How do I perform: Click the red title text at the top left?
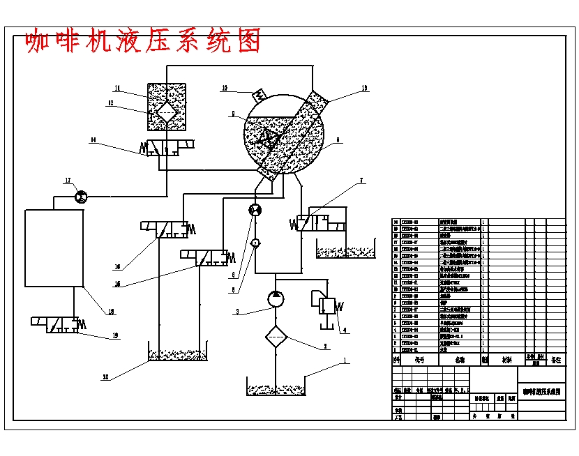(x=143, y=42)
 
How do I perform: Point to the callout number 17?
(x=68, y=181)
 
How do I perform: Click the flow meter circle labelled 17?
(x=80, y=197)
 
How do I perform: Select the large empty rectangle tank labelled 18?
(x=54, y=247)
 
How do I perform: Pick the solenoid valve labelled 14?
(x=170, y=148)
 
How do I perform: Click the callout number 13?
(x=363, y=89)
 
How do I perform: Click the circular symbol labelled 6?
(x=255, y=211)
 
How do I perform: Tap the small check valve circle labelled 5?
(x=255, y=243)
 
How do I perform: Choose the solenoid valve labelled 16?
(x=167, y=229)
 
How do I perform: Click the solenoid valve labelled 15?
(x=206, y=257)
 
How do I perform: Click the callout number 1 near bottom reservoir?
(x=343, y=360)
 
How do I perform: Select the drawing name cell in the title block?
(x=542, y=393)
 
